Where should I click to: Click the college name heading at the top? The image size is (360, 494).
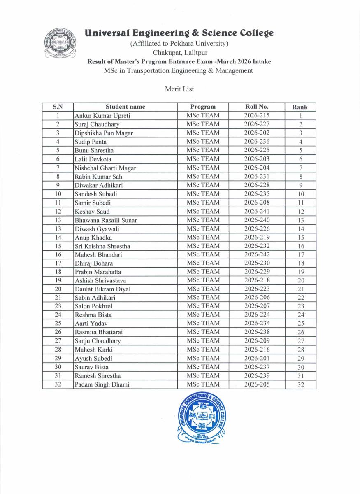tap(179, 33)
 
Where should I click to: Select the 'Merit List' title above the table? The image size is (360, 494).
tap(179, 89)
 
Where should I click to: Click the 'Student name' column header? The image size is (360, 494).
tap(125, 107)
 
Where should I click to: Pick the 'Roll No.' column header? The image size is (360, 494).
tap(256, 107)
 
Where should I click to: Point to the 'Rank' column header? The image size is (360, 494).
tap(300, 107)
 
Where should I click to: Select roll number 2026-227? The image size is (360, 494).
tap(256, 124)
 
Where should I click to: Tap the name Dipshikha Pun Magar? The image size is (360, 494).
tap(104, 133)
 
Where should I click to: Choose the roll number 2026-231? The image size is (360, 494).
tap(256, 176)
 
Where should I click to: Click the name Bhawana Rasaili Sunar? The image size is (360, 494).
tap(106, 220)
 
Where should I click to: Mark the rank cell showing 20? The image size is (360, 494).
tap(300, 281)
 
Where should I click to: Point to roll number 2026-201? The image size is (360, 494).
tap(256, 358)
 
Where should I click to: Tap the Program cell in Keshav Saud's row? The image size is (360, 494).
tap(203, 211)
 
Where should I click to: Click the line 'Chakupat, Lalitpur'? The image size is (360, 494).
tap(180, 53)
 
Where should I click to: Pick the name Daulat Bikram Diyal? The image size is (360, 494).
tap(102, 289)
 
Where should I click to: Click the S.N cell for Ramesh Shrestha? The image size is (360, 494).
tap(58, 376)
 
